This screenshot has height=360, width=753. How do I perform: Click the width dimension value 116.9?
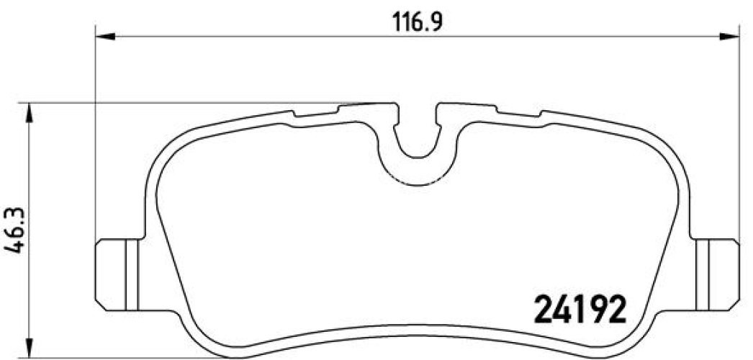417,20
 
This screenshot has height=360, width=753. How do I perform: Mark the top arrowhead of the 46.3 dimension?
28,111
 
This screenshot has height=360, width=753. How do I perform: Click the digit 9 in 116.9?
435,20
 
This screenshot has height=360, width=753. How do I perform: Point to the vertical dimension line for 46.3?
28,180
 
